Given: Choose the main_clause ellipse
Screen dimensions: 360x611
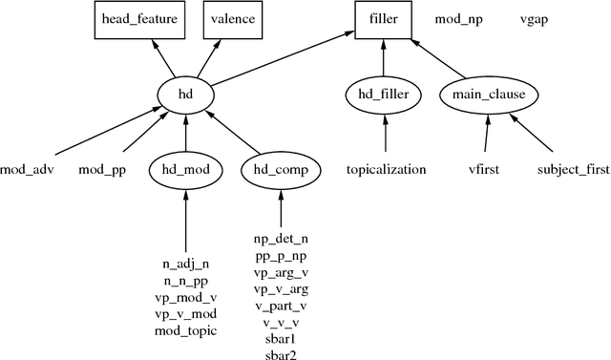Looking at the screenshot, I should (x=490, y=95).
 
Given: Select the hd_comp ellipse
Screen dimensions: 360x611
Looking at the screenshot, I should (x=281, y=170).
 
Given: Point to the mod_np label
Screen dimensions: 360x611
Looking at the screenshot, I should (x=458, y=19).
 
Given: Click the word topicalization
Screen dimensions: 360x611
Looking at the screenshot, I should (x=386, y=170).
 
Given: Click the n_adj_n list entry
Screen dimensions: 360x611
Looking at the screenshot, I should (x=185, y=263).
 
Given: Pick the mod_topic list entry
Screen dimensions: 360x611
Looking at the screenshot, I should (x=185, y=331).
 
